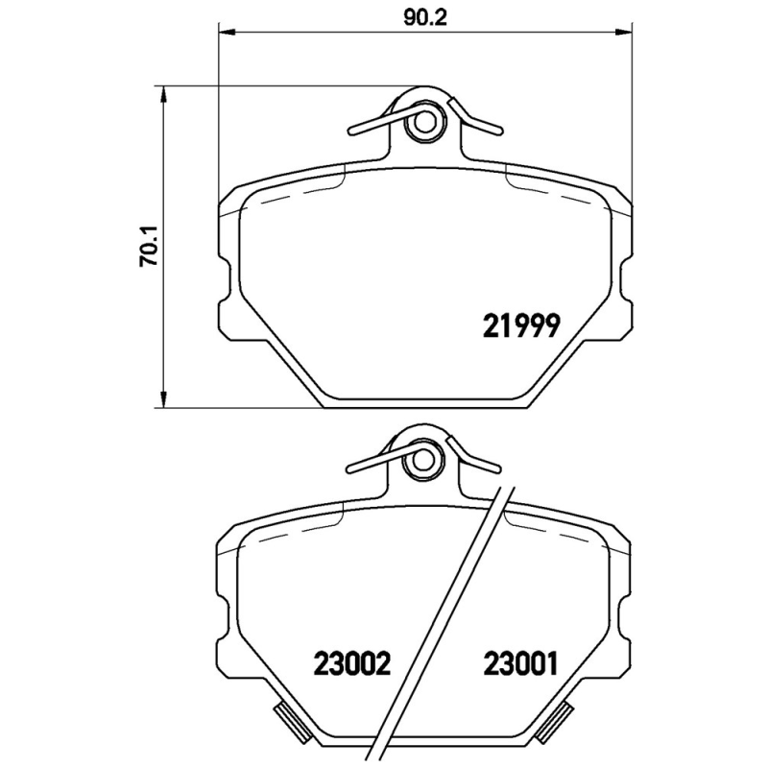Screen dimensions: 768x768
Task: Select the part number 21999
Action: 519,327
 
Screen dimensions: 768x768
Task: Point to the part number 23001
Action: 520,662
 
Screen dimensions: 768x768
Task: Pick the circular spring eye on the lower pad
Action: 420,465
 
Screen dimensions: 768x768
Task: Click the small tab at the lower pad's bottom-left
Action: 285,716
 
